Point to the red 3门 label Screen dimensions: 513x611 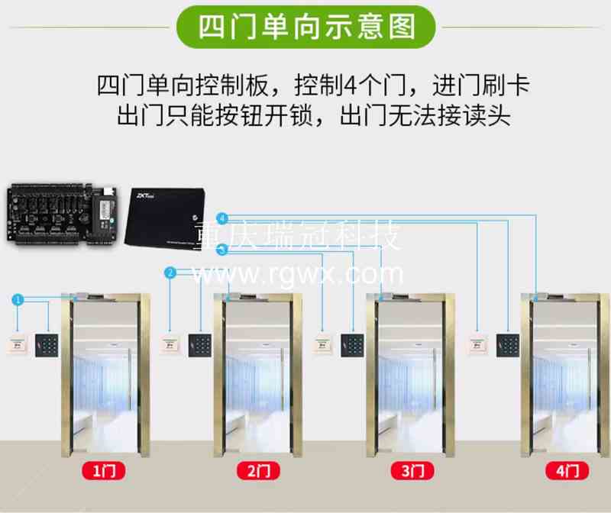tap(412, 471)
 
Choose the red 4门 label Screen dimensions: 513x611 tap(567, 471)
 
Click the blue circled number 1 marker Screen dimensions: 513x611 tap(18, 298)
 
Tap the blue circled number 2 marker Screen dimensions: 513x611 tap(170, 272)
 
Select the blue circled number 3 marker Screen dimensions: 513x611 tap(221, 249)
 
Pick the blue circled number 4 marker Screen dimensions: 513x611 tap(221, 218)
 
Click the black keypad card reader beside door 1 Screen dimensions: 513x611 tap(47, 345)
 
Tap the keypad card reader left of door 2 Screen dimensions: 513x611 tap(201, 345)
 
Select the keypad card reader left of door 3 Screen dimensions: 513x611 tap(352, 345)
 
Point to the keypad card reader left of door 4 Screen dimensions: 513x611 tap(507, 345)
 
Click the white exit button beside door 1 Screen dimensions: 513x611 tap(17, 345)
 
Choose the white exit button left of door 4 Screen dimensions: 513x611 tap(478, 345)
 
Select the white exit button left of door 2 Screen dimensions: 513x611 tap(170, 345)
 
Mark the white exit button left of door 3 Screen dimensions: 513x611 tap(323, 345)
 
